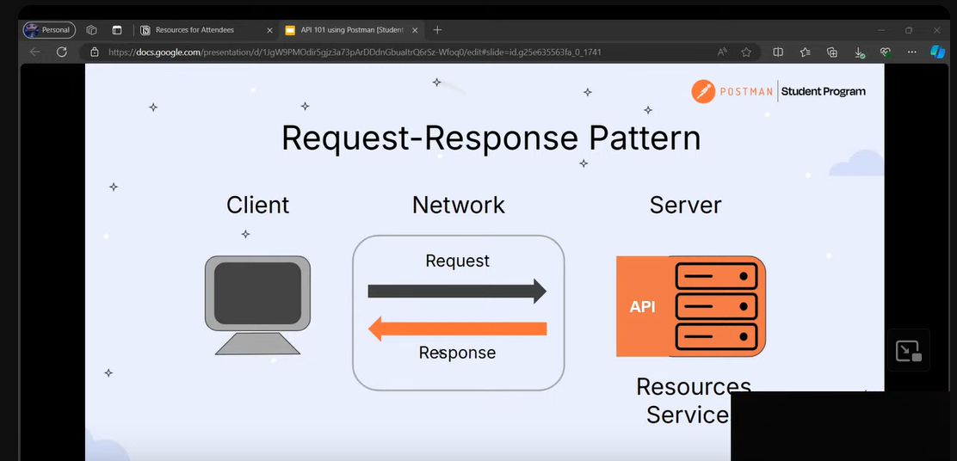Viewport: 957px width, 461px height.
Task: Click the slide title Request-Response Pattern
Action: coord(491,138)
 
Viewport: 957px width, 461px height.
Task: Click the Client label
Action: coord(257,205)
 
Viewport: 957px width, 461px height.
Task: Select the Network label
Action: coord(458,205)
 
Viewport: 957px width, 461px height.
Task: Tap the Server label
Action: coord(685,205)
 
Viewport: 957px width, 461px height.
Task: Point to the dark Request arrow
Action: coord(457,291)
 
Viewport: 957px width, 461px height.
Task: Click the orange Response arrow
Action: coord(457,328)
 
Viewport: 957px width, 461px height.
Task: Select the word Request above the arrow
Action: coord(457,261)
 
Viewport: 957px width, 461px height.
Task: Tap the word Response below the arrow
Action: coord(457,353)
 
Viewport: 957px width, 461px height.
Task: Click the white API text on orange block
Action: coord(642,306)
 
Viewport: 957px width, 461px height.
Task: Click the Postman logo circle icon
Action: coord(703,91)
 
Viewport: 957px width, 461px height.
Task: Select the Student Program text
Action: coord(823,91)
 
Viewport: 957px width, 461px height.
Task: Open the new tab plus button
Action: coord(437,30)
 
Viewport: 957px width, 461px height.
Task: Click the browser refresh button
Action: coord(62,52)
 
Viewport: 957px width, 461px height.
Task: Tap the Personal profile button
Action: coord(49,30)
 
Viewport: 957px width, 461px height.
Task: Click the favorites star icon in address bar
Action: coord(746,52)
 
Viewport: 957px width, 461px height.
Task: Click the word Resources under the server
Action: coord(693,387)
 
